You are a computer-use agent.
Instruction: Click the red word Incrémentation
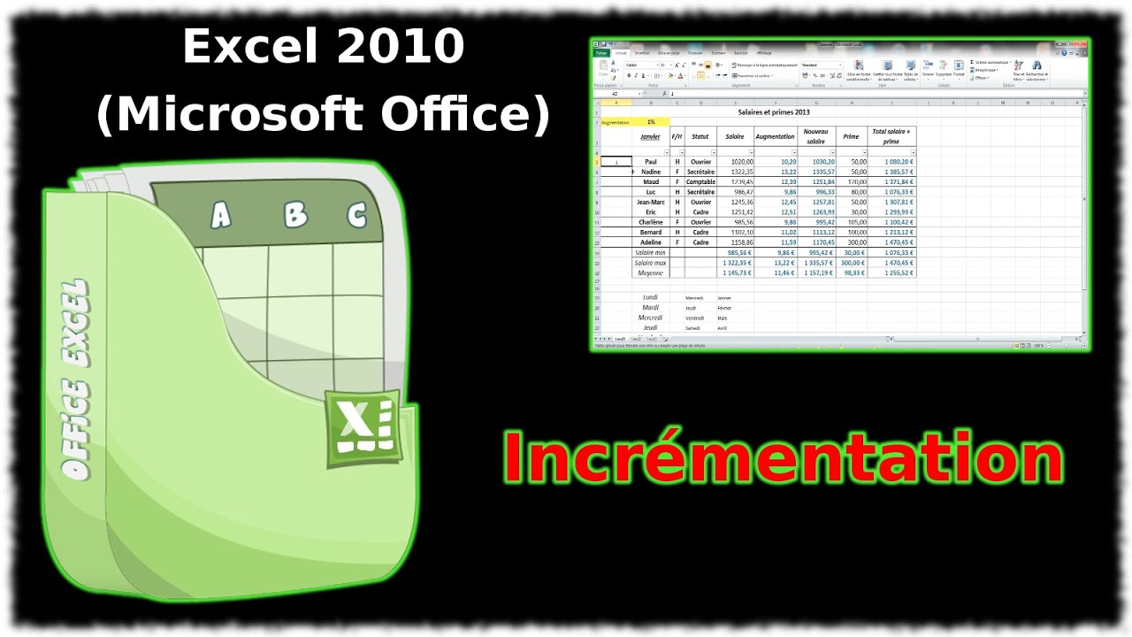(x=783, y=458)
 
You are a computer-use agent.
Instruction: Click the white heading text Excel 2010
(x=323, y=47)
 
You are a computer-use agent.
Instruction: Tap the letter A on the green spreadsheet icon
(x=219, y=215)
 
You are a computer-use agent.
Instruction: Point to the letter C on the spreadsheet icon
(x=356, y=215)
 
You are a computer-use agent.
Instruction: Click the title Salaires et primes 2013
(x=774, y=112)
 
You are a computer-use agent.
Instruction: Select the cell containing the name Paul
(x=651, y=162)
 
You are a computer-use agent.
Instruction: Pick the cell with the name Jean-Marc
(x=651, y=202)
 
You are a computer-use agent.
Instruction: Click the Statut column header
(x=700, y=136)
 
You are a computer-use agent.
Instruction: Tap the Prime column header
(x=851, y=136)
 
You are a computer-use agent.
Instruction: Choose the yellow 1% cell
(x=651, y=122)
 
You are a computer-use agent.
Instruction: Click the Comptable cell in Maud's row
(x=700, y=182)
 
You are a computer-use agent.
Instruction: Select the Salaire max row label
(x=650, y=263)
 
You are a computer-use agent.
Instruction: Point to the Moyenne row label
(x=650, y=272)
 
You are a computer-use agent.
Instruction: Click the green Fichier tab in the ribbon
(x=601, y=53)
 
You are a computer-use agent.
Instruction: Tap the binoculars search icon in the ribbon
(x=1036, y=65)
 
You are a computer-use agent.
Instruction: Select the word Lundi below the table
(x=650, y=297)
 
